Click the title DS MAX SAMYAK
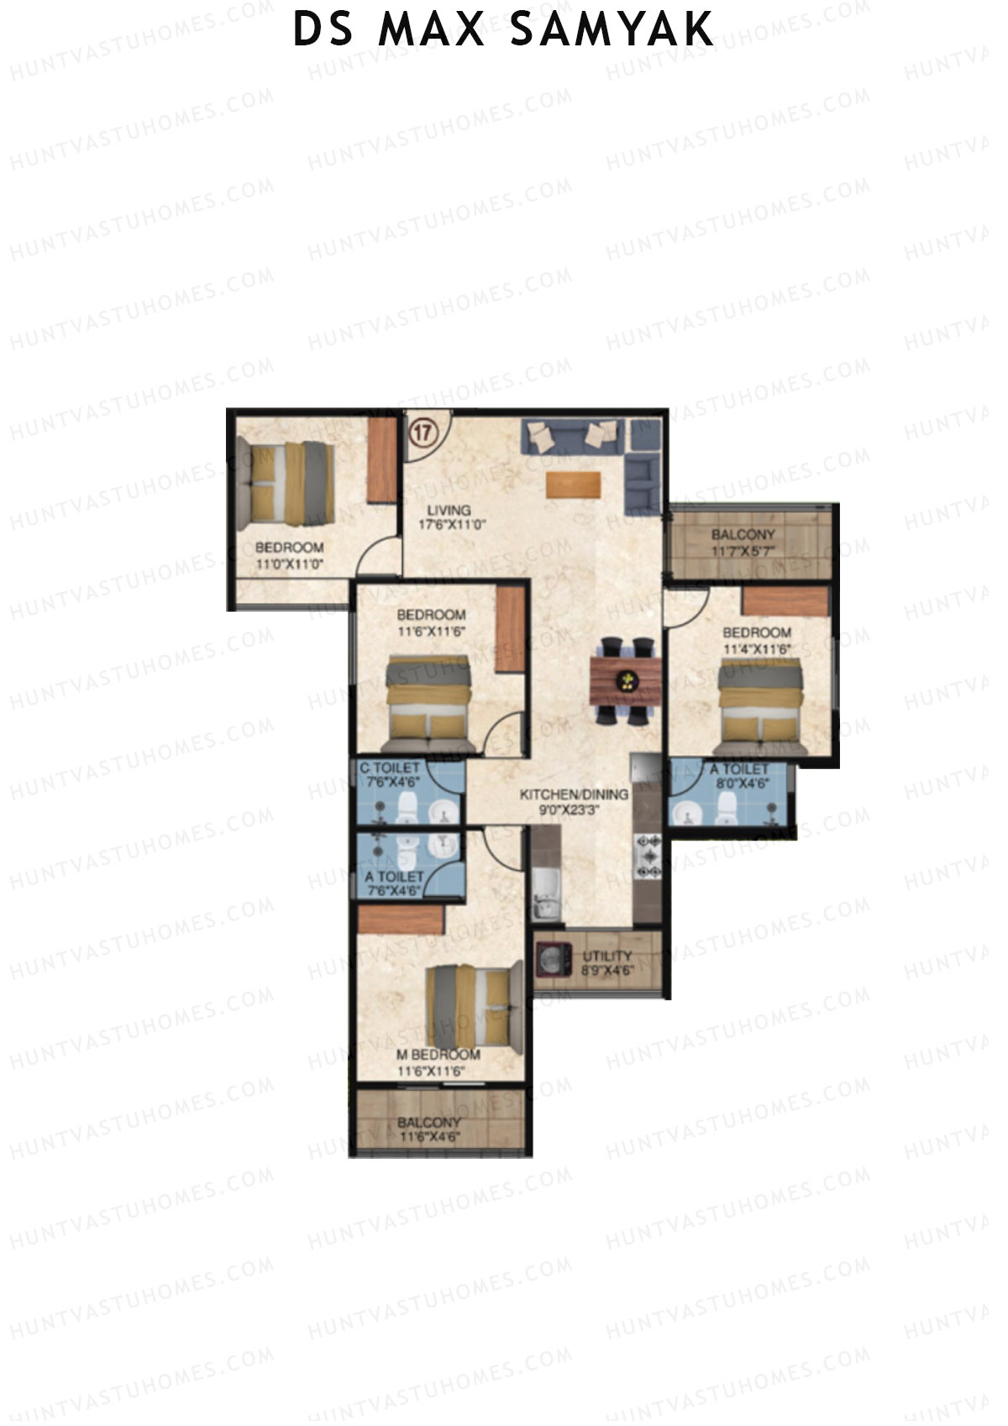tap(503, 29)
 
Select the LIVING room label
tap(449, 510)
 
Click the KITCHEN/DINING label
tap(574, 794)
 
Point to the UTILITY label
tap(606, 955)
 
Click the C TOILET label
tap(389, 768)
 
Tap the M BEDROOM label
tap(438, 1055)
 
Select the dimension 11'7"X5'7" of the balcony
tap(743, 550)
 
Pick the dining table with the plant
tap(626, 681)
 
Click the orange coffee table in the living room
tap(574, 486)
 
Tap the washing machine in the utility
tap(554, 960)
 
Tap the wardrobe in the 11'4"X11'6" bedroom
tap(785, 602)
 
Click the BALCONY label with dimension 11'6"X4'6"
tap(429, 1123)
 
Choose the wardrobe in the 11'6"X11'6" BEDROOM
tap(509, 629)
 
